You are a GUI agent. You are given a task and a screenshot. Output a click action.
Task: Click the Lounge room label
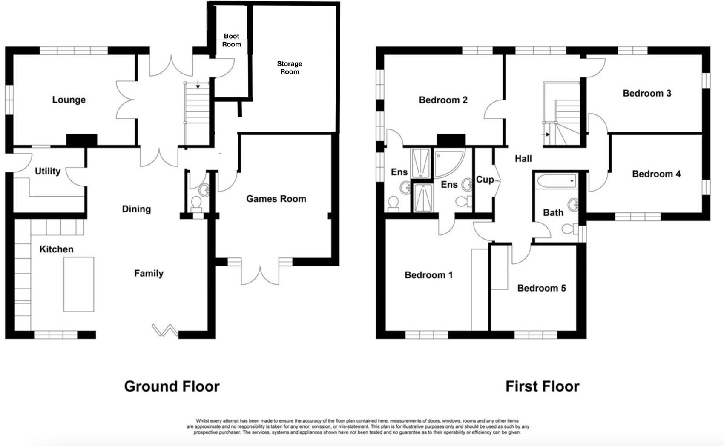tap(69, 100)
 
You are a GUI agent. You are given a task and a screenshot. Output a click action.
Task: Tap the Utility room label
tap(47, 171)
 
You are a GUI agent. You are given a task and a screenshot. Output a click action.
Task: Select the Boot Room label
tap(231, 40)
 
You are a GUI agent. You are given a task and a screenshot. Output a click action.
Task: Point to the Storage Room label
tap(290, 68)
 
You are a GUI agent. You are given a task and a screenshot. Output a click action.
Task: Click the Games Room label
tap(276, 199)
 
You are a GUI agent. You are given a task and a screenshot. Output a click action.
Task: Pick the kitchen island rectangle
tap(79, 284)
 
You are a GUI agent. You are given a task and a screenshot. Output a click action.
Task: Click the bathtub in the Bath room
tap(557, 181)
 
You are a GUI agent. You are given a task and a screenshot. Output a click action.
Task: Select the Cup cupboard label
tap(485, 180)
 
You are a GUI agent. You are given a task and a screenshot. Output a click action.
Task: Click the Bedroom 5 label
tap(541, 288)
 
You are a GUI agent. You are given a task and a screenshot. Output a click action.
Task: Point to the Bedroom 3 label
tap(646, 93)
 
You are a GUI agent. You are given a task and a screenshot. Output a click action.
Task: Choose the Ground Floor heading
tap(172, 386)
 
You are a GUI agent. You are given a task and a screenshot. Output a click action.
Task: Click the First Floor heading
tap(542, 386)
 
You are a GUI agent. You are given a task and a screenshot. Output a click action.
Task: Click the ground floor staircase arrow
tap(198, 86)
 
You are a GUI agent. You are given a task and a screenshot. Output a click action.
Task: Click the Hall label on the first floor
tap(523, 159)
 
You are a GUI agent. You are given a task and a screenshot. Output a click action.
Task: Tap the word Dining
tap(136, 209)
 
